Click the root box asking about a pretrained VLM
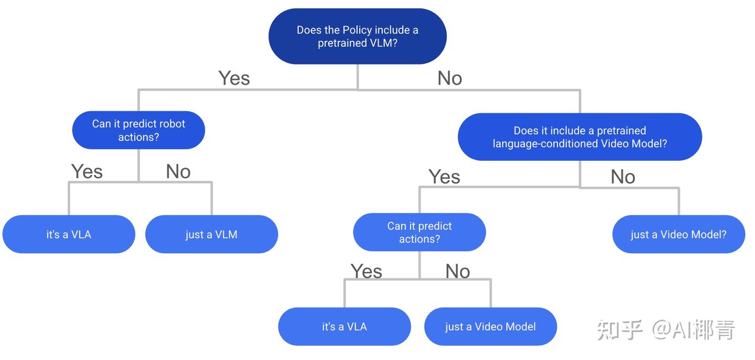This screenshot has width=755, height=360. (358, 37)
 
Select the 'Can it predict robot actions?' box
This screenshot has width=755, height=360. (138, 130)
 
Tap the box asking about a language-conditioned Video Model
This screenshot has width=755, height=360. (579, 137)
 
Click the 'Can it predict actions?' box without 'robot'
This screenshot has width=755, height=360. (419, 232)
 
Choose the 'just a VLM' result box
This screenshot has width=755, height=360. (211, 234)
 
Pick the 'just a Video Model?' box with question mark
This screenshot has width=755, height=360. (678, 234)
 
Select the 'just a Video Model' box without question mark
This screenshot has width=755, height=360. (490, 326)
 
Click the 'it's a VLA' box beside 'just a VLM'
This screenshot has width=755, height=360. (69, 234)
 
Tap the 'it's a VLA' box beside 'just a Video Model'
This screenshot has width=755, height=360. (344, 326)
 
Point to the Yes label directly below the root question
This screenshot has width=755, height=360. (234, 78)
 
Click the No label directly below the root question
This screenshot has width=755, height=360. (449, 78)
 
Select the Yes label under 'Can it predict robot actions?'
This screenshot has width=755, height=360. (87, 171)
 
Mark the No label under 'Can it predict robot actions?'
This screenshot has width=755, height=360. (178, 171)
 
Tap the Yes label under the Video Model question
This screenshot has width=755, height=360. (444, 177)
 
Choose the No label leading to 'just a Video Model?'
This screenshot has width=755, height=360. (622, 177)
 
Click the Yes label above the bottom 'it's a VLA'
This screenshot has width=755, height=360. (366, 271)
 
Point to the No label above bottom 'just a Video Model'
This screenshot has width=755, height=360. (457, 271)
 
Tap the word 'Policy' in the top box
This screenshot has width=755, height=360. (358, 30)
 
